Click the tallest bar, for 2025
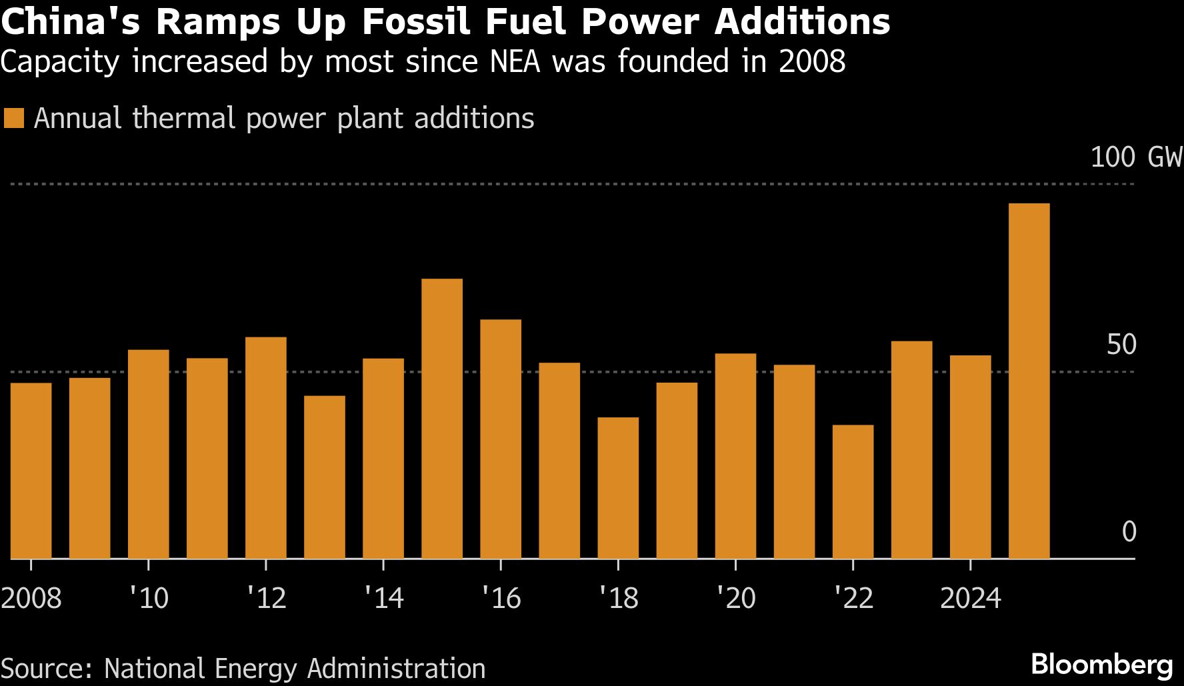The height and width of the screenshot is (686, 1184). click(x=1029, y=381)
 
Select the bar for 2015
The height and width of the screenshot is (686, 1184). click(x=441, y=418)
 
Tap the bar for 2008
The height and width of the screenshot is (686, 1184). click(x=31, y=470)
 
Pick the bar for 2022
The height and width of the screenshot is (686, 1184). click(x=853, y=491)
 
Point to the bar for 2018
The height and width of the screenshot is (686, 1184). click(x=618, y=487)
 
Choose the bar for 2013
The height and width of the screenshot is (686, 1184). click(x=324, y=477)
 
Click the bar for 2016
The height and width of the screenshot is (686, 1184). click(x=500, y=439)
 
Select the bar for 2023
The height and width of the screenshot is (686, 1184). click(x=911, y=449)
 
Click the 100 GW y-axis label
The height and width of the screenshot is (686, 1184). click(x=1135, y=157)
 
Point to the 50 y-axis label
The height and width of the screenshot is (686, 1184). click(x=1121, y=345)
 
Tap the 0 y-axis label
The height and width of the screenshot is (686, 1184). click(x=1129, y=531)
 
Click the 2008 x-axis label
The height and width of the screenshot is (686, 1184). click(x=31, y=598)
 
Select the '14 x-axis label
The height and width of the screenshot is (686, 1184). click(x=383, y=598)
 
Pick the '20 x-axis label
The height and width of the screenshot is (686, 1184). click(x=735, y=598)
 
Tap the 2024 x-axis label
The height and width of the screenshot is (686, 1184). click(x=970, y=598)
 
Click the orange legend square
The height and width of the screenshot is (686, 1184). click(x=13, y=119)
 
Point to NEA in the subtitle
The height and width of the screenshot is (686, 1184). click(x=515, y=61)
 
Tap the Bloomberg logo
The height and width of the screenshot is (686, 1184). click(x=1101, y=665)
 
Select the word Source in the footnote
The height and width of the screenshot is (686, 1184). click(x=45, y=669)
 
